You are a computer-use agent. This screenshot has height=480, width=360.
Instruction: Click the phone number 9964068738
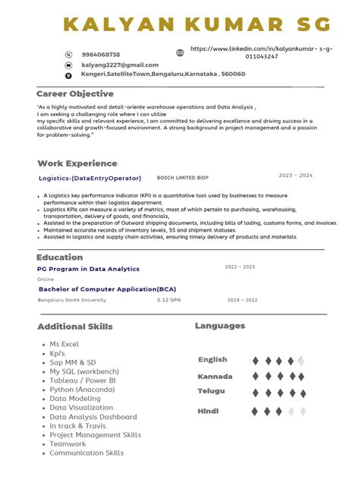tap(100, 55)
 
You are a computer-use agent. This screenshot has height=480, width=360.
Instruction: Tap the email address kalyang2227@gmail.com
tap(120, 65)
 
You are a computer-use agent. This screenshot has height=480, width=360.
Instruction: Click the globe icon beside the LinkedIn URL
tap(180, 53)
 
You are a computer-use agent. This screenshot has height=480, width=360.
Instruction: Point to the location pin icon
tap(68, 75)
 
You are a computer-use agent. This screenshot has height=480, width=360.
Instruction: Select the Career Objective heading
tap(75, 93)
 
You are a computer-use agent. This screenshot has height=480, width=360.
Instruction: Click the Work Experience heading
tap(77, 163)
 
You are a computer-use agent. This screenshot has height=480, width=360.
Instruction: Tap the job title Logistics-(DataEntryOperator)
tap(90, 178)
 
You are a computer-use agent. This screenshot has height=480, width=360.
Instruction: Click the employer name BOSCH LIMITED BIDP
tap(182, 178)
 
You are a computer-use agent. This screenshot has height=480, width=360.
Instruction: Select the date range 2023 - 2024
tap(295, 175)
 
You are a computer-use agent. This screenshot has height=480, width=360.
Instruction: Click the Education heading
tap(59, 257)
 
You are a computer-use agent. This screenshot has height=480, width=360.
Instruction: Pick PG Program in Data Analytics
tap(88, 269)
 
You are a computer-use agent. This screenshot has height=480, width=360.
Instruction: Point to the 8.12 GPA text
tap(169, 300)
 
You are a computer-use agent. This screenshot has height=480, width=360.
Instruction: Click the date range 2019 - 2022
tap(242, 300)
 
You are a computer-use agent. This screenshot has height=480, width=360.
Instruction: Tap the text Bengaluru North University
tap(72, 300)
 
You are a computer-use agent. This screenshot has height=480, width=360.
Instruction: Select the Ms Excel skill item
tap(65, 345)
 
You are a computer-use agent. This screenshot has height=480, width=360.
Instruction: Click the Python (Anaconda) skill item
tap(84, 390)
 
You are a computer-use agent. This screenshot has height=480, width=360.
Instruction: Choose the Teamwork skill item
tap(68, 444)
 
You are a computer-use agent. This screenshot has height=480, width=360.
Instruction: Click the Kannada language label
tap(215, 377)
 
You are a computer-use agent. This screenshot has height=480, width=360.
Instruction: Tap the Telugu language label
tap(211, 391)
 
